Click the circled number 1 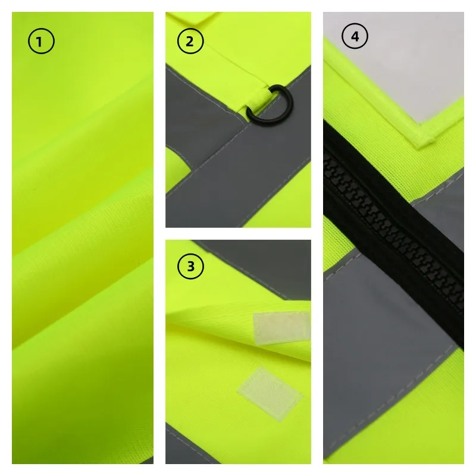click(x=40, y=41)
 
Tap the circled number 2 click(x=190, y=41)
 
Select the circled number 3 click(x=190, y=266)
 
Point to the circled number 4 click(x=355, y=37)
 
